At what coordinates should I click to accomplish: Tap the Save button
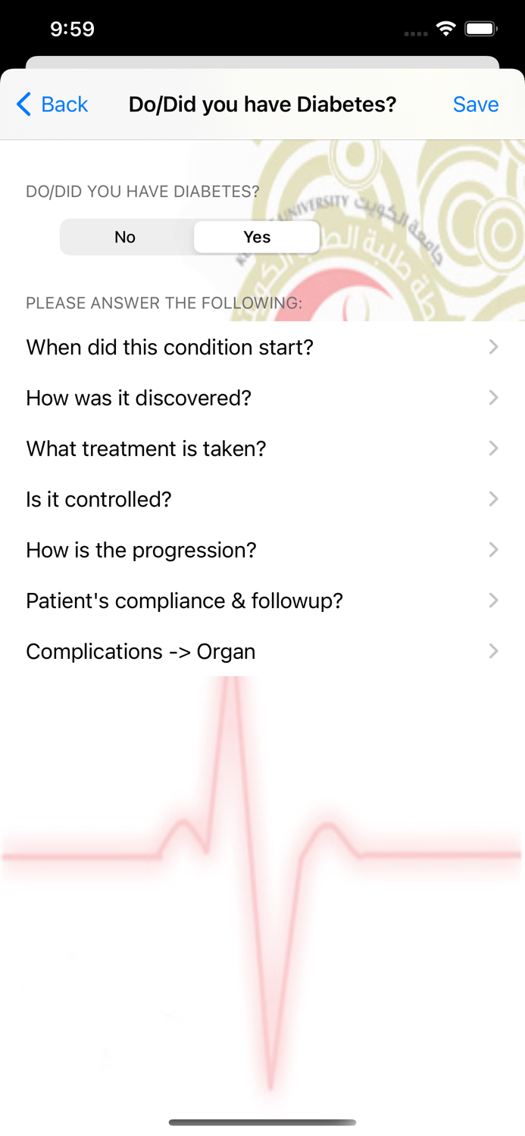pos(475,105)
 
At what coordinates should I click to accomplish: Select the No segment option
pos(125,237)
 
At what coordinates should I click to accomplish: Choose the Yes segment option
pos(257,237)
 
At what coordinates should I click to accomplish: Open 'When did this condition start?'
pos(170,348)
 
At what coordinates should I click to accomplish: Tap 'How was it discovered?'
pos(139,398)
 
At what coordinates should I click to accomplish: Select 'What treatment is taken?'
pos(146,449)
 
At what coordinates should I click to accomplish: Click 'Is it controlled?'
pos(99,500)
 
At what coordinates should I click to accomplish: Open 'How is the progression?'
pos(142,551)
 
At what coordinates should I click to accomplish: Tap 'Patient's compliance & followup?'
pos(185,601)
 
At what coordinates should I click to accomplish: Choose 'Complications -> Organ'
pos(141,652)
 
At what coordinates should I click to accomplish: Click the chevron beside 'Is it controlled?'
pos(493,499)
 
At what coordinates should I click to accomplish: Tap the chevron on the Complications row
pos(493,651)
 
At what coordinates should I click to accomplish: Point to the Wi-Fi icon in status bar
pos(446,29)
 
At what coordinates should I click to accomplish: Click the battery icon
pos(480,29)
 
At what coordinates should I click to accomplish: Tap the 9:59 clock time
pos(72,29)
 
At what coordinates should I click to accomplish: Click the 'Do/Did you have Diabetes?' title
pos(262,105)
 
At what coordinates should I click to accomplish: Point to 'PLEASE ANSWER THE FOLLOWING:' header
pos(164,304)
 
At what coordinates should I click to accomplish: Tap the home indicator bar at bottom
pos(262,1122)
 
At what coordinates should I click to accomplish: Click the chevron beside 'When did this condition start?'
pos(493,347)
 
